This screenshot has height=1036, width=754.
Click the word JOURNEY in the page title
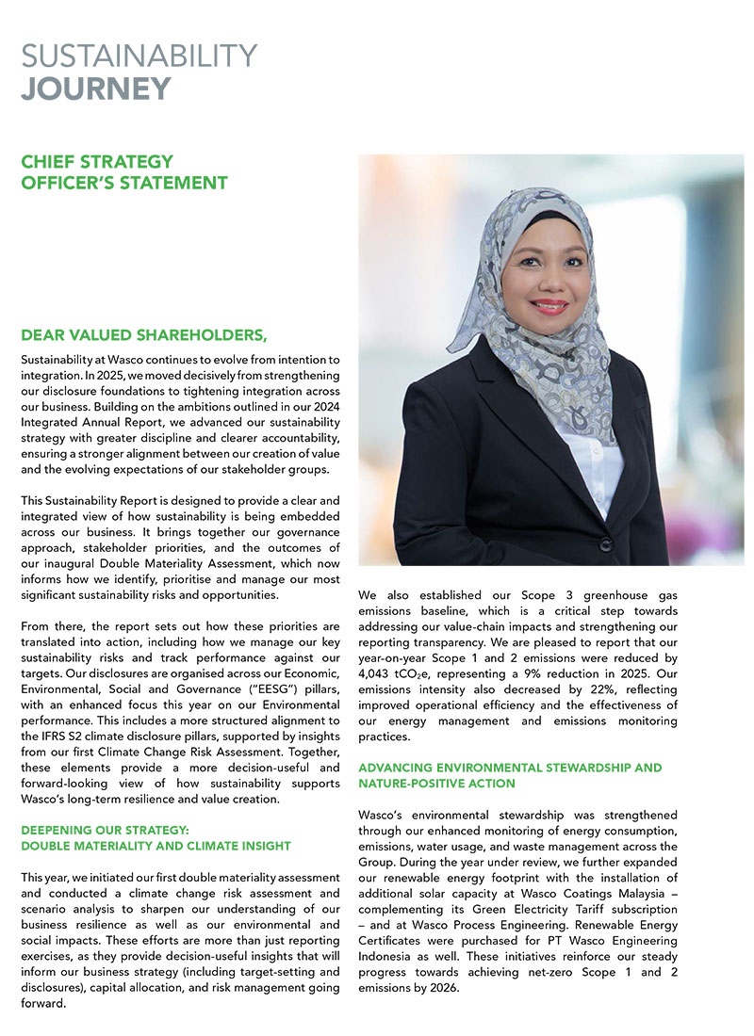96,88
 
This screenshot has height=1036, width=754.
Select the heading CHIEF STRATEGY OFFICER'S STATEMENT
123,172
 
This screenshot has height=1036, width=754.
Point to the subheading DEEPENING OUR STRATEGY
106,830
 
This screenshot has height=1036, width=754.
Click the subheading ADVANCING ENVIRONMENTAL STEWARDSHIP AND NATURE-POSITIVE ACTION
510,775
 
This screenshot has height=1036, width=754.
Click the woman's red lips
549,308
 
